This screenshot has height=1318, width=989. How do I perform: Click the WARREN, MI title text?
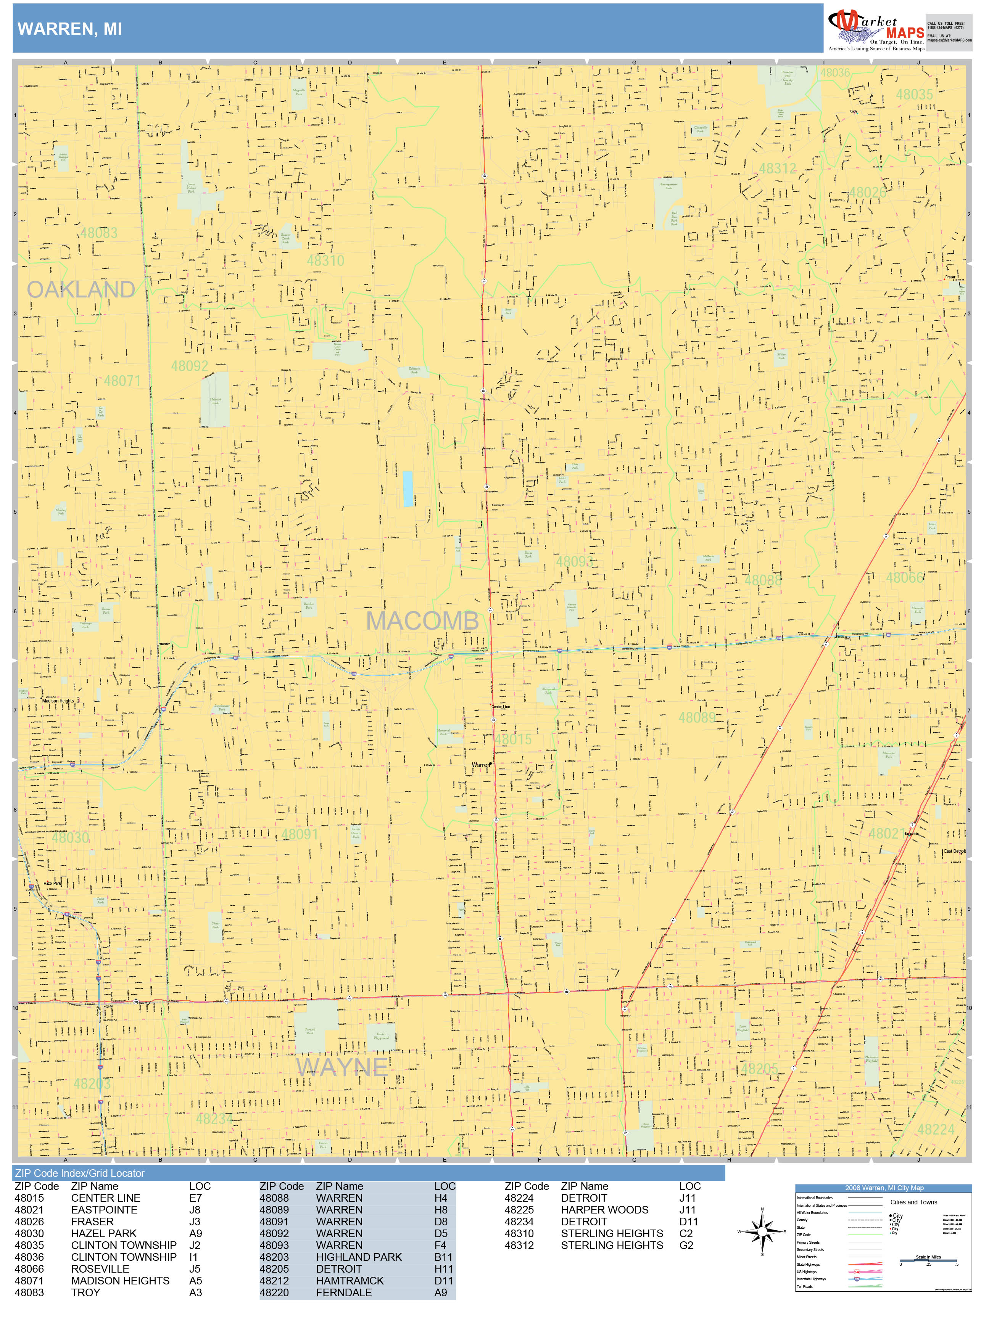pos(70,29)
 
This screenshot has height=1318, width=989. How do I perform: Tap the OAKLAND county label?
pos(81,289)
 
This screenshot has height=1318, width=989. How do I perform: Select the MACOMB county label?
pos(422,621)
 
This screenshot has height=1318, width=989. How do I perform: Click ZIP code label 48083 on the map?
pos(99,233)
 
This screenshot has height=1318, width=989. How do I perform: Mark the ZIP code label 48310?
pos(325,260)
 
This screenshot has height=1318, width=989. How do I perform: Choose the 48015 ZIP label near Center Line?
pos(513,739)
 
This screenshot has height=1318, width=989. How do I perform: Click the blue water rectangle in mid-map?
pos(408,489)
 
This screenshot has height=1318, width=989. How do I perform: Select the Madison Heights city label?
pos(58,701)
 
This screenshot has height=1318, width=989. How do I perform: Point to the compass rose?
pos(762,1231)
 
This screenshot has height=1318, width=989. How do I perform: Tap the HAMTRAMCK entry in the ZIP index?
pos(350,1281)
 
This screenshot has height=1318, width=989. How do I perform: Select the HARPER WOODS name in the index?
pos(604,1210)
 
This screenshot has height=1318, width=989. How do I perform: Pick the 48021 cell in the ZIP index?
pos(29,1210)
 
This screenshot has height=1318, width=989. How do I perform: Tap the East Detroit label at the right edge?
pos(954,852)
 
